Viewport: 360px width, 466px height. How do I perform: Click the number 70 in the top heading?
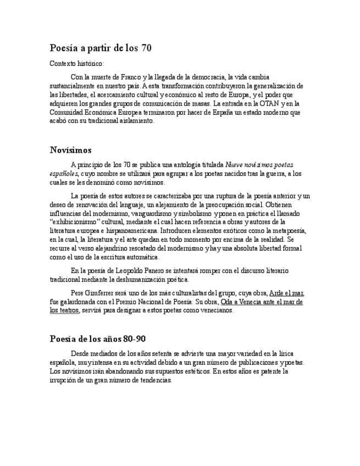146,48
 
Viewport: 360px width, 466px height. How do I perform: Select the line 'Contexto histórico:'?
76,64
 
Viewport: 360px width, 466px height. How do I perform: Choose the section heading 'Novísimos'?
70,150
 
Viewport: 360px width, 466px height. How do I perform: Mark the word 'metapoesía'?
288,231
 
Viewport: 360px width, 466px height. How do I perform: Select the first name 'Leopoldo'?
130,271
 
